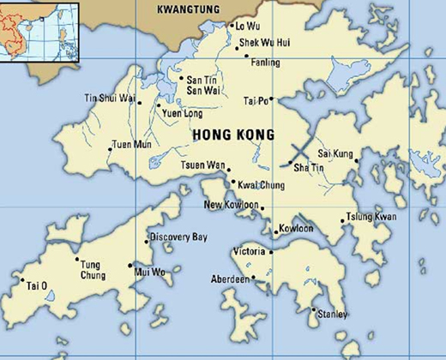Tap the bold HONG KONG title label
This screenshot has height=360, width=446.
pos(233,135)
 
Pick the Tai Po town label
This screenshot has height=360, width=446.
pos(256,100)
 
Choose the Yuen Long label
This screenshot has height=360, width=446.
pos(184,111)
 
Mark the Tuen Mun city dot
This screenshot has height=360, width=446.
pos(110,150)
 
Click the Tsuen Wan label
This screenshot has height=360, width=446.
pos(202,165)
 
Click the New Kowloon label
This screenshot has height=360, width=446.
pos(231,206)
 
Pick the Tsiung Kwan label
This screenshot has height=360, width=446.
pos(371,217)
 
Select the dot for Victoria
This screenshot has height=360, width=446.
pos(271,252)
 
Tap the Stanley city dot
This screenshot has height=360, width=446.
pos(313,309)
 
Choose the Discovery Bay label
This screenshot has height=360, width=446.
pos(178,237)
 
